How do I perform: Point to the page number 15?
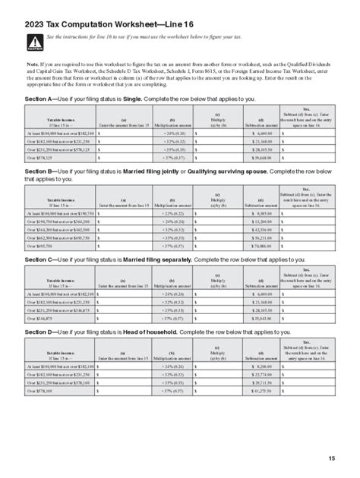(332, 458)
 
